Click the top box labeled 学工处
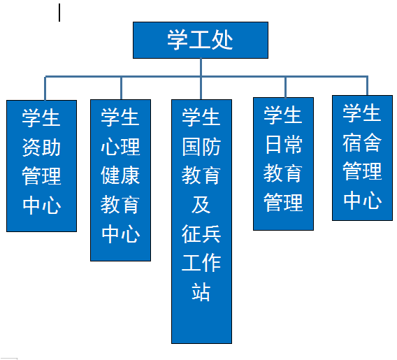[x=201, y=40]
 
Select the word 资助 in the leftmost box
[x=41, y=147]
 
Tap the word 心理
[x=120, y=147]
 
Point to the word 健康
[x=120, y=175]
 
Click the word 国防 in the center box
[x=201, y=147]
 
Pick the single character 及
[x=201, y=205]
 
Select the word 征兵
[x=201, y=234]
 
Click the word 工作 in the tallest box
[x=201, y=263]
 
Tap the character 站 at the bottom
[x=201, y=292]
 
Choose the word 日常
[x=283, y=145]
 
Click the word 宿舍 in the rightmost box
[x=362, y=143]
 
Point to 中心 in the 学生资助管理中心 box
[x=41, y=205]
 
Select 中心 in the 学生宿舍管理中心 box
[x=362, y=200]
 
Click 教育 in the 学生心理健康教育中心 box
[x=120, y=205]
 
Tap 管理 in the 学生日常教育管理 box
[x=283, y=203]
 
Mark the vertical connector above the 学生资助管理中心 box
[x=45, y=88]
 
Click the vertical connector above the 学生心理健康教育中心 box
[x=122, y=88]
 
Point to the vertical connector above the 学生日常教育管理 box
[x=286, y=87]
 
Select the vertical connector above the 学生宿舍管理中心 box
[x=368, y=86]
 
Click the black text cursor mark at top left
[x=59, y=13]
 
